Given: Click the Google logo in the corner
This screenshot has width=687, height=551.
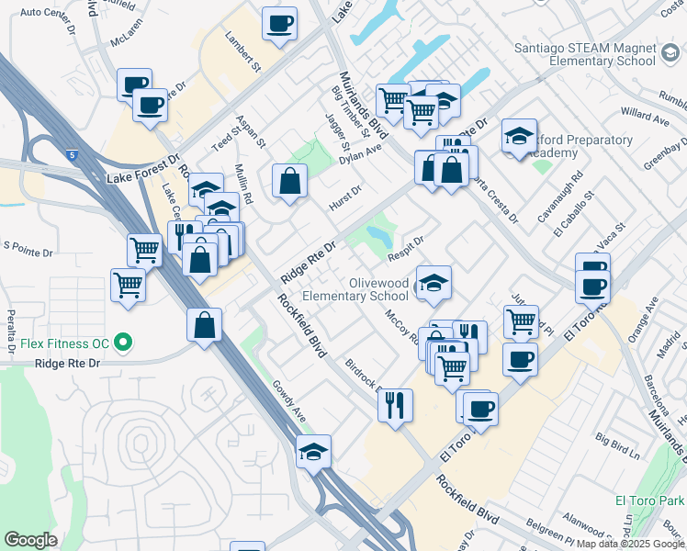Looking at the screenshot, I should point(30,540).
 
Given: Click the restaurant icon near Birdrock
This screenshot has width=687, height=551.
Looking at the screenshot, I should point(395,405).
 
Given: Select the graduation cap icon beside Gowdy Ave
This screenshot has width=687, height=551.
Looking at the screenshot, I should point(313,451).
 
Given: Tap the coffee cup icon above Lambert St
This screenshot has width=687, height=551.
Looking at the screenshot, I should point(279,23).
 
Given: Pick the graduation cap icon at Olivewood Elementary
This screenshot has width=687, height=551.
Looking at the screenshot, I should point(434,282).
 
